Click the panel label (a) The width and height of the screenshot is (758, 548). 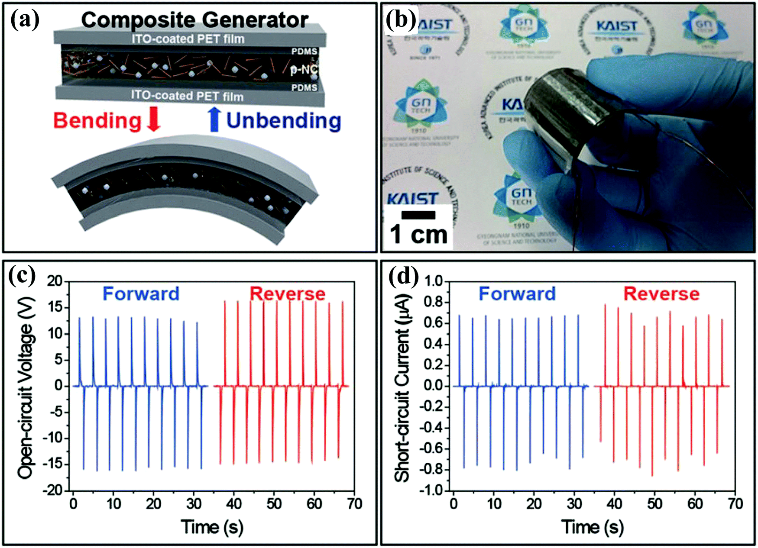tap(24, 20)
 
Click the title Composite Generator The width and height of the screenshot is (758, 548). tap(194, 20)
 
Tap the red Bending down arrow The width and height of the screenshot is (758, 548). tap(153, 120)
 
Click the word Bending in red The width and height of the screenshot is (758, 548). tap(97, 120)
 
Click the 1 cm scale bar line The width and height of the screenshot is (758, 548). tap(418, 215)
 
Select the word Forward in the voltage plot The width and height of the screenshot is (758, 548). tap(141, 294)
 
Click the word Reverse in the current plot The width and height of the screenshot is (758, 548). tap(661, 294)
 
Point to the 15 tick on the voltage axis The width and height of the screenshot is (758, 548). tap(55, 308)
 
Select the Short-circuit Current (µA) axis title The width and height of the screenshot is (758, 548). tap(402, 385)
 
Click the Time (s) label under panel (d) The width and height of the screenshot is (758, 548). tap(593, 527)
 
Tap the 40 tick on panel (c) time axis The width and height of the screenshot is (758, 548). tap(234, 504)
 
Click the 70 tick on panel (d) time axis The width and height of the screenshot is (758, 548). tap(735, 504)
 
